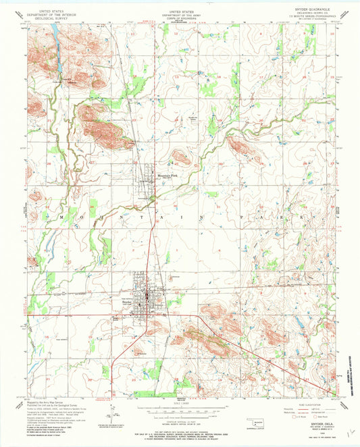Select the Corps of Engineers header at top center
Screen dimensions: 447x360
[x=180, y=17]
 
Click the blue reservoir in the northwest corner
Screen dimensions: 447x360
[x=55, y=55]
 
